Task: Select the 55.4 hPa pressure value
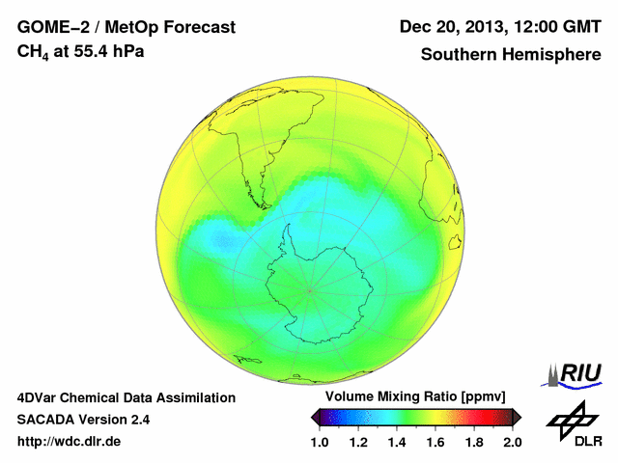(x=108, y=51)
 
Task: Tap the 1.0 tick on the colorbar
(x=320, y=442)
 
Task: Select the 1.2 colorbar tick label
(x=358, y=442)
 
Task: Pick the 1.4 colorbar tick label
(x=397, y=442)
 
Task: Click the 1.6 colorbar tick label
(x=435, y=442)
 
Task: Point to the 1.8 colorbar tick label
(x=474, y=442)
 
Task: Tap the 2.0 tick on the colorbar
(x=513, y=442)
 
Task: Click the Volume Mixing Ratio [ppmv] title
(x=416, y=396)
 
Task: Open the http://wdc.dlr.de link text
(x=70, y=442)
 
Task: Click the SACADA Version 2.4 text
(x=83, y=420)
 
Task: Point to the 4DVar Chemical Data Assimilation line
(x=126, y=397)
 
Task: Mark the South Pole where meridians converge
(x=309, y=288)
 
